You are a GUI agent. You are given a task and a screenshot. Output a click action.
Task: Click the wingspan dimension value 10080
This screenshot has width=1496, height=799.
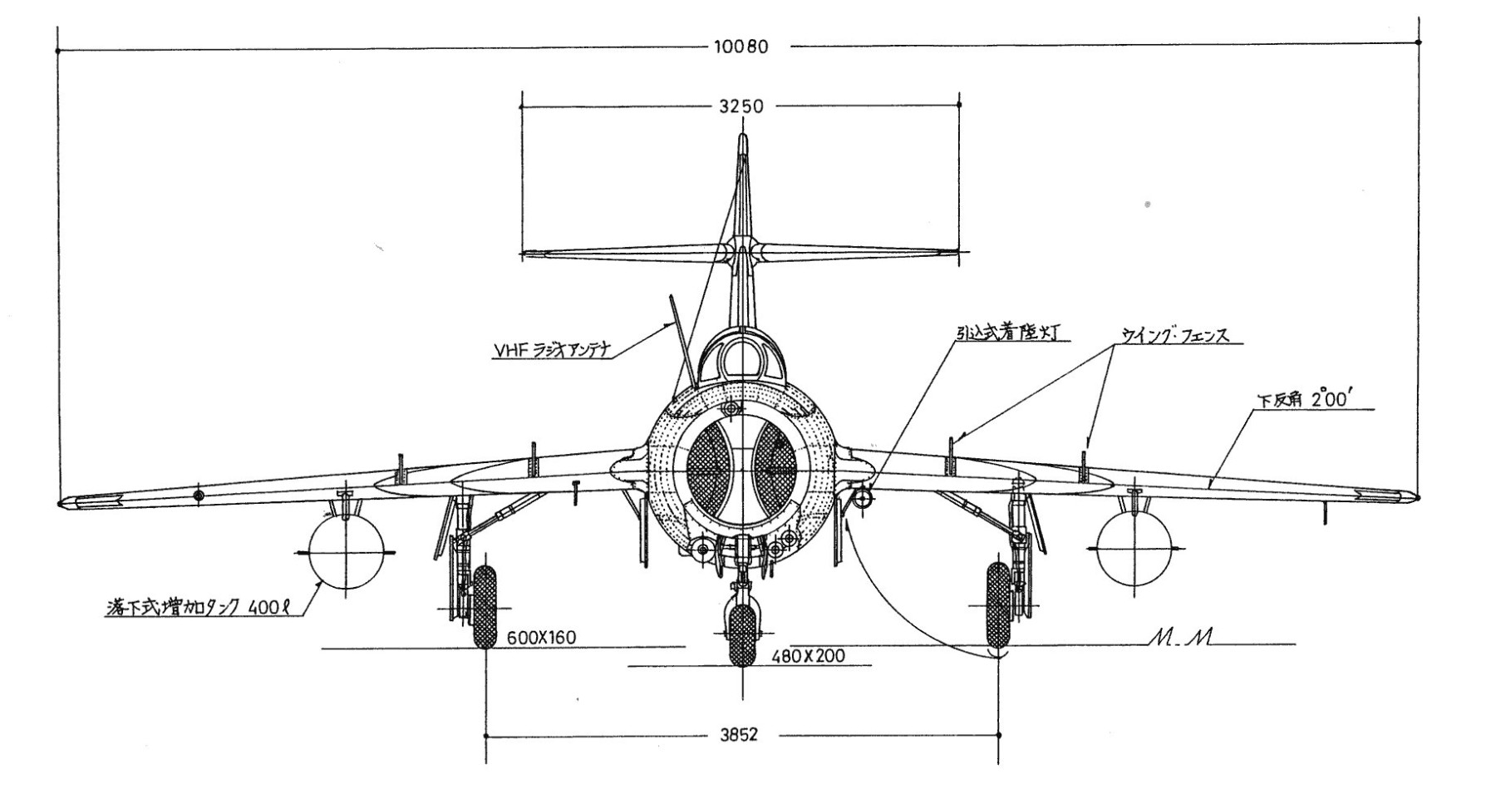click(x=741, y=47)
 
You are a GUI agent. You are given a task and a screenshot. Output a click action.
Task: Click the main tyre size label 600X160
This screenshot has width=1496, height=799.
click(x=541, y=638)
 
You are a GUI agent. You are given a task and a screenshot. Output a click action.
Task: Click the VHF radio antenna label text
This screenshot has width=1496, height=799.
click(x=552, y=351)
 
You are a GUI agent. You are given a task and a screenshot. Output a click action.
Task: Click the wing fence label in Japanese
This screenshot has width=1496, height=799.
click(x=1174, y=336)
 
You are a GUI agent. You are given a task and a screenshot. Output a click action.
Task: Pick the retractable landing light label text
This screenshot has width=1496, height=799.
click(x=1011, y=333)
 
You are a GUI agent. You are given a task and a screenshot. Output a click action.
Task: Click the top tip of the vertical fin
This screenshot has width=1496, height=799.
click(x=743, y=137)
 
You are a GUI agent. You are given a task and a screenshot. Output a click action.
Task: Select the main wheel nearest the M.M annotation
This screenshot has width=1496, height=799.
click(x=997, y=604)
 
